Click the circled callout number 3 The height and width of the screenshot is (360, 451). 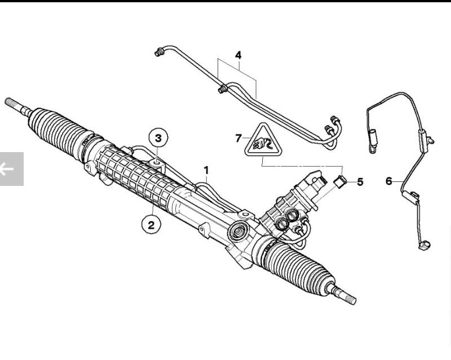158,138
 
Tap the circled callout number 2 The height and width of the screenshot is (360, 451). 151,225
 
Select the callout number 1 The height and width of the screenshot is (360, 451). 206,170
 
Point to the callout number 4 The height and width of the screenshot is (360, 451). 238,55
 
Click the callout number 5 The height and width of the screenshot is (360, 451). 360,182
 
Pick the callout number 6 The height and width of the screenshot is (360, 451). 388,181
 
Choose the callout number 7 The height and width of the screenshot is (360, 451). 238,138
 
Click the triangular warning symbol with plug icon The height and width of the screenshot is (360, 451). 263,141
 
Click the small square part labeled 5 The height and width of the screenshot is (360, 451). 340,182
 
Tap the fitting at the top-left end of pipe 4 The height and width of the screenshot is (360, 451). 159,52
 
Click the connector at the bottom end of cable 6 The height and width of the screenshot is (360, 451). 424,245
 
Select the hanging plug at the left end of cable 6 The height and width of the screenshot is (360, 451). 372,143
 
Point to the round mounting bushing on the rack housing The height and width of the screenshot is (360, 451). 238,231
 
